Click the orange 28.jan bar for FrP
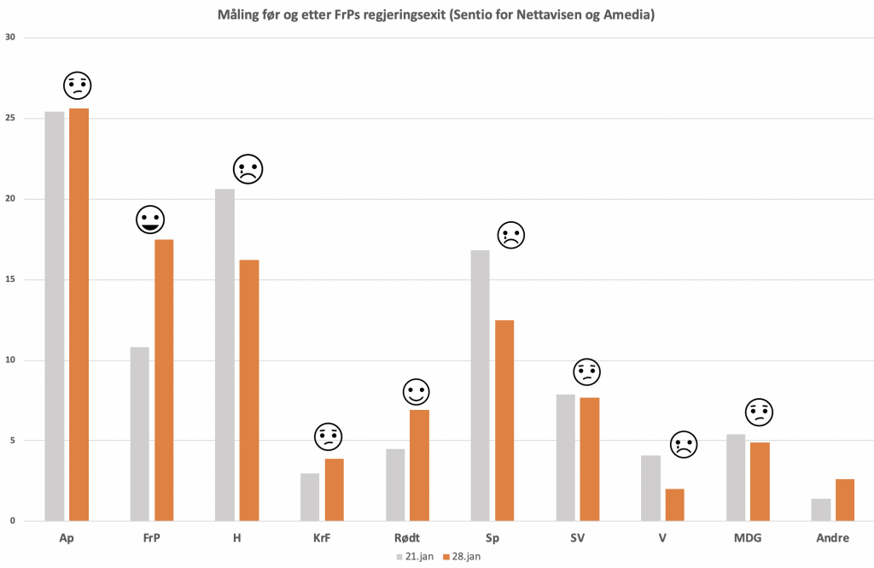coord(164,380)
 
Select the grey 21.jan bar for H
coord(224,354)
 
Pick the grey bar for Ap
coord(55,316)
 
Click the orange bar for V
coord(674,505)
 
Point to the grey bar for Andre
coord(821,510)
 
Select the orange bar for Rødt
coord(419,466)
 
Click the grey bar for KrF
coord(310,497)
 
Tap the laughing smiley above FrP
coord(150,220)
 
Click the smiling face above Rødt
coord(417,393)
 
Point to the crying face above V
coord(684,444)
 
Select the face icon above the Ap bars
coord(78,85)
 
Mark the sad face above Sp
coord(510,235)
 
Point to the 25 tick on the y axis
coord(9,119)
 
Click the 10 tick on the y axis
coord(9,360)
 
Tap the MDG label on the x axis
coord(748,538)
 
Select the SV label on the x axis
coord(577,538)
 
